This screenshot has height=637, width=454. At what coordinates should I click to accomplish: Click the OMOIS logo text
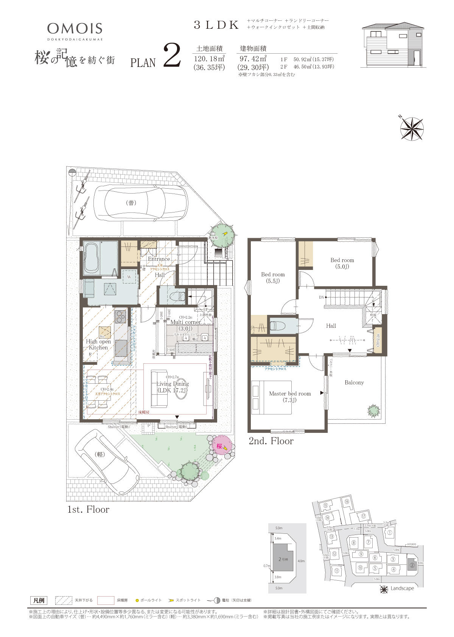pyautogui.click(x=75, y=28)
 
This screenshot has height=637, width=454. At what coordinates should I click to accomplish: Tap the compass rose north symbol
pyautogui.click(x=412, y=129)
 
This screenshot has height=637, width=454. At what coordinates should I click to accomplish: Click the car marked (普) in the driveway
pyautogui.click(x=141, y=203)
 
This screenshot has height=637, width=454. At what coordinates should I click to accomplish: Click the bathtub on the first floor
pyautogui.click(x=92, y=257)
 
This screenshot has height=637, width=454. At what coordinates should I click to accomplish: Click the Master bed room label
pyautogui.click(x=290, y=394)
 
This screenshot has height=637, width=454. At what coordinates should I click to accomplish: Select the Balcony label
pyautogui.click(x=354, y=383)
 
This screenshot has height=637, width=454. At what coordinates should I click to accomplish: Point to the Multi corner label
pyautogui.click(x=185, y=322)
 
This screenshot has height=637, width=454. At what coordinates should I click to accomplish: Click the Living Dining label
pyautogui.click(x=173, y=384)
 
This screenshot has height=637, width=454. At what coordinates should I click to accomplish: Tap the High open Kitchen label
pyautogui.click(x=98, y=344)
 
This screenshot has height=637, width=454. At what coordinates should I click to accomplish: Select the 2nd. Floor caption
pyautogui.click(x=271, y=441)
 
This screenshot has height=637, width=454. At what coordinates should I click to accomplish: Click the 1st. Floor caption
pyautogui.click(x=88, y=509)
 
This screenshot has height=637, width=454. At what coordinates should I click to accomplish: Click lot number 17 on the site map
pyautogui.click(x=363, y=516)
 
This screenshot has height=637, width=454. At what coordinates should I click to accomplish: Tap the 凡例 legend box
pyautogui.click(x=39, y=600)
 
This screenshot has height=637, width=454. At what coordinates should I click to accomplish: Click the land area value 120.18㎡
pyautogui.click(x=209, y=59)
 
